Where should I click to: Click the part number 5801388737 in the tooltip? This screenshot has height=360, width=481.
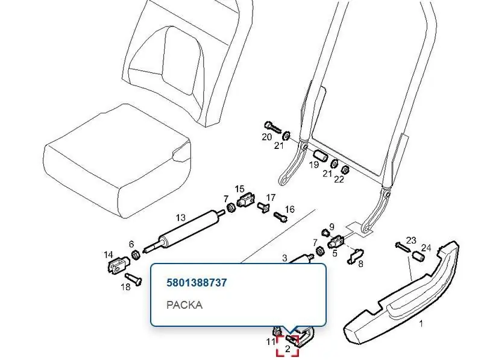(x=196, y=282)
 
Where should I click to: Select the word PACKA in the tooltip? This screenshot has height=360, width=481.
(x=184, y=305)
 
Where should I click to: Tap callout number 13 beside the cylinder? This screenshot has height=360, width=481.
(x=181, y=218)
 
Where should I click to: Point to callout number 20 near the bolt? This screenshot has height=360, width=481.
(x=266, y=137)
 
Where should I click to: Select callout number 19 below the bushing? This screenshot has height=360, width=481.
(x=313, y=165)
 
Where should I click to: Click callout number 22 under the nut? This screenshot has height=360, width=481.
(x=339, y=179)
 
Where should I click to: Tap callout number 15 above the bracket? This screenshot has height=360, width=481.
(x=239, y=189)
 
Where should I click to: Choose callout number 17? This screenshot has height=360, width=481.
(x=271, y=198)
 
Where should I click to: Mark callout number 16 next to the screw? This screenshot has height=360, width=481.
(x=289, y=209)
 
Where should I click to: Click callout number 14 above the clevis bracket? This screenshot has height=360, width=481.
(x=108, y=254)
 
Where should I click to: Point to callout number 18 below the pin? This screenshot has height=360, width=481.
(x=126, y=287)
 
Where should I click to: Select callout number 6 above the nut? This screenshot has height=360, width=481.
(x=131, y=244)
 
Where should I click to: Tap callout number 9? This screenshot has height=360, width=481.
(x=332, y=227)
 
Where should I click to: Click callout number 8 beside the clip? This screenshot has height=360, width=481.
(x=360, y=264)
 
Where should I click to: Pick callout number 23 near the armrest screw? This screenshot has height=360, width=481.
(x=411, y=240)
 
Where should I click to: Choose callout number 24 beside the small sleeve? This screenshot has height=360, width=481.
(x=426, y=247)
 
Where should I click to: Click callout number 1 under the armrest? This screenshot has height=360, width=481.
(x=421, y=323)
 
